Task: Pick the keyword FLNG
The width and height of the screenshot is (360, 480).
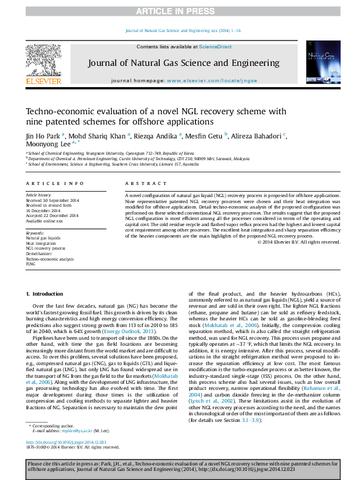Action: pyautogui.click(x=31, y=264)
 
